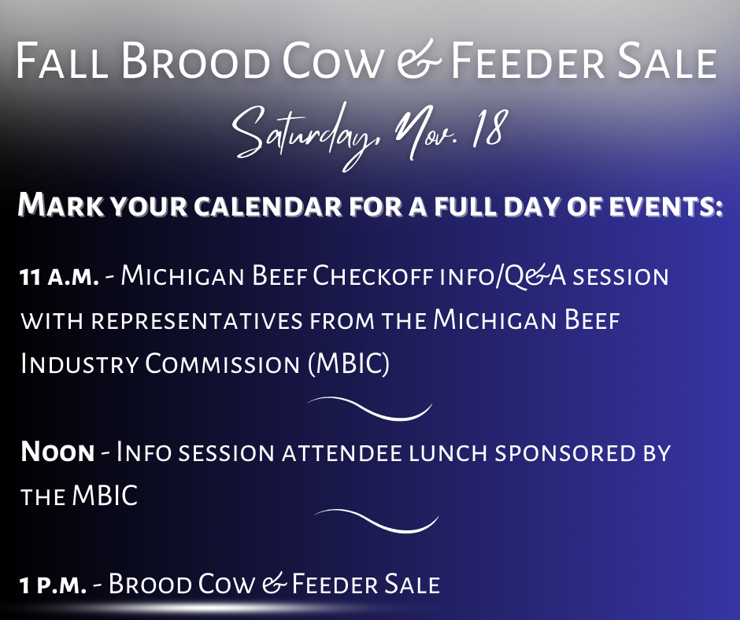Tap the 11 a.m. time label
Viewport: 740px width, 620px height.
(59, 278)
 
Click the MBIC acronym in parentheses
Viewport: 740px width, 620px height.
(347, 364)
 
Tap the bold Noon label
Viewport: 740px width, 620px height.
(57, 452)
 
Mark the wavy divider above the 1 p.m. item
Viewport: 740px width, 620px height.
(376, 520)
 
